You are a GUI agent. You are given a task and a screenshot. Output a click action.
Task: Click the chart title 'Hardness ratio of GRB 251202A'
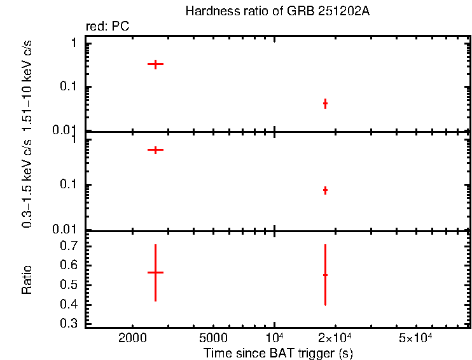click(276, 11)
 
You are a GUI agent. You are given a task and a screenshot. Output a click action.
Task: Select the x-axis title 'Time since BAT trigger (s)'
click(278, 352)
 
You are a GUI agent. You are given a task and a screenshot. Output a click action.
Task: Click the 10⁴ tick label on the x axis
click(274, 336)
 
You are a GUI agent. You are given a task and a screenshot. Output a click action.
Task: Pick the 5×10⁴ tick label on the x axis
click(415, 336)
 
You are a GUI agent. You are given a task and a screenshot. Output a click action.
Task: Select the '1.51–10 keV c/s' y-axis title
click(27, 84)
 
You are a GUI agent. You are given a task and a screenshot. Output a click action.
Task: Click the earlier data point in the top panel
click(155, 64)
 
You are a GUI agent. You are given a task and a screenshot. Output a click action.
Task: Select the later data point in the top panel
click(325, 103)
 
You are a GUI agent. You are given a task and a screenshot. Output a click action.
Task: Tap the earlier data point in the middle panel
click(155, 149)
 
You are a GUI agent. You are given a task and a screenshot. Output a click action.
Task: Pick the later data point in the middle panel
click(325, 190)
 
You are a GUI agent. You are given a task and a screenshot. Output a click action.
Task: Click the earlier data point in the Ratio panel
click(155, 272)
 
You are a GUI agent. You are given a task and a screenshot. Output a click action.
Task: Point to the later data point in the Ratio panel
click(325, 275)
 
